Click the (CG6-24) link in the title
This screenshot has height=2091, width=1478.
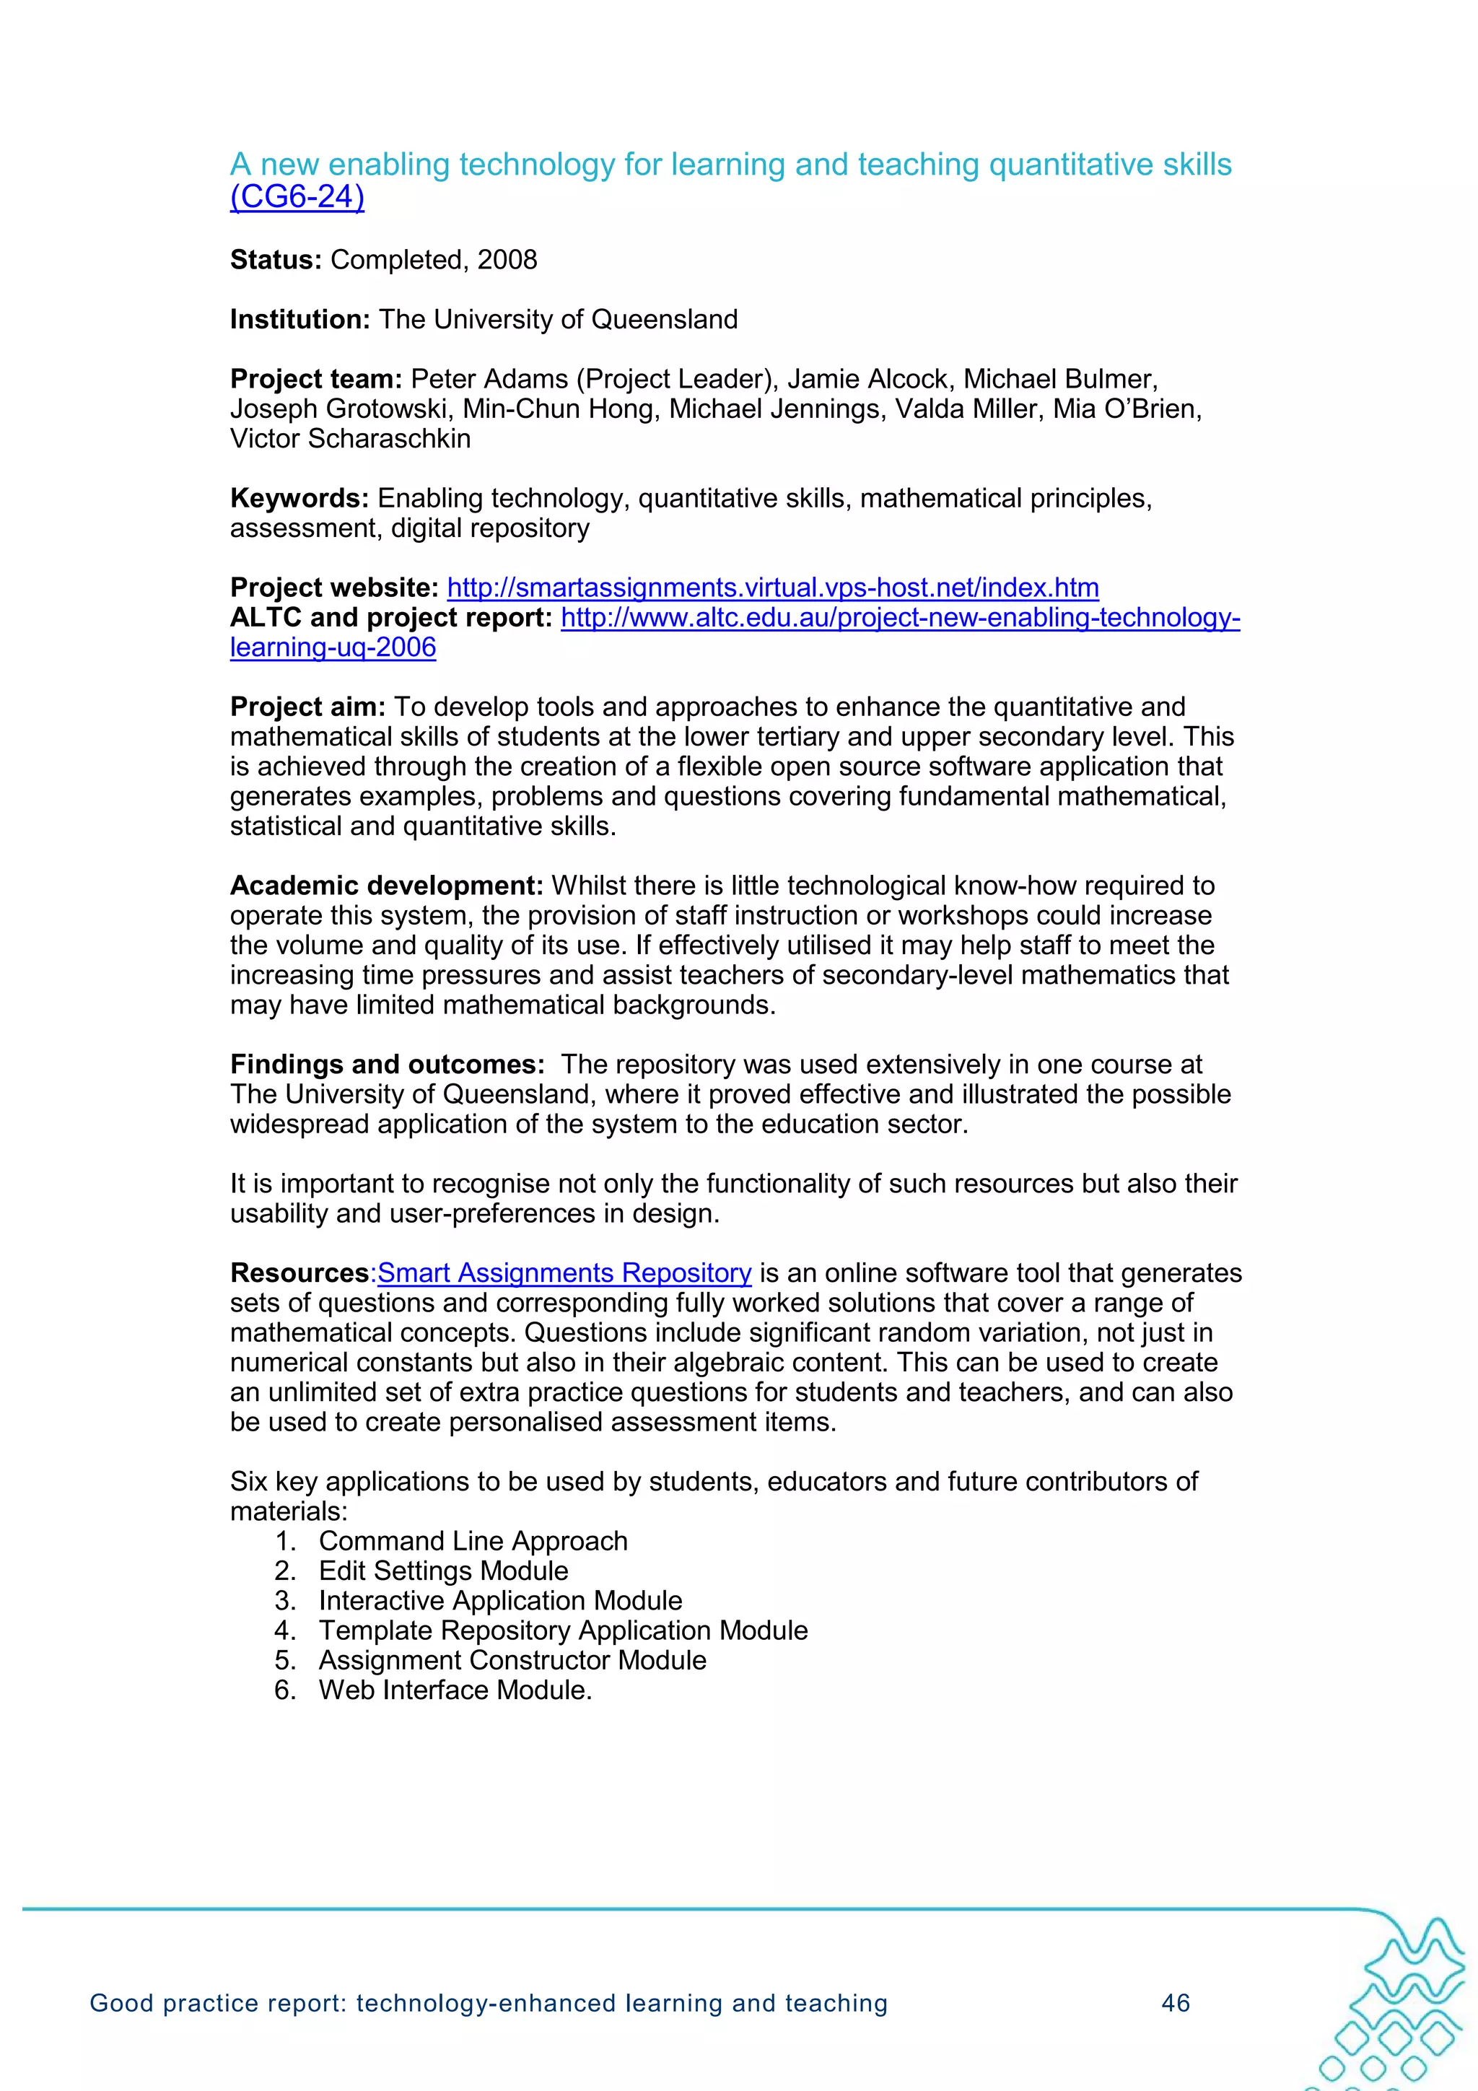(297, 198)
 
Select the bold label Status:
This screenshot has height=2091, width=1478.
(275, 261)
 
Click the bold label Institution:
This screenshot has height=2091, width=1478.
(299, 320)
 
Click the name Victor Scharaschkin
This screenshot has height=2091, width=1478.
(350, 439)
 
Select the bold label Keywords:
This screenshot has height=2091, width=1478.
(299, 499)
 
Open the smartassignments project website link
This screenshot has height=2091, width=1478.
(772, 588)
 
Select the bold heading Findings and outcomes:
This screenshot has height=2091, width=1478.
(387, 1065)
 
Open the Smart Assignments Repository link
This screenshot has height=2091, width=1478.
(564, 1273)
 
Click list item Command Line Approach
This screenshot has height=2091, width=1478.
(473, 1541)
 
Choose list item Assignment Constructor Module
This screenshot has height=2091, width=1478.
(512, 1660)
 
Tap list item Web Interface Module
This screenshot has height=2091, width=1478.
(455, 1690)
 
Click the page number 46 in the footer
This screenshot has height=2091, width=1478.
(1176, 2004)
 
